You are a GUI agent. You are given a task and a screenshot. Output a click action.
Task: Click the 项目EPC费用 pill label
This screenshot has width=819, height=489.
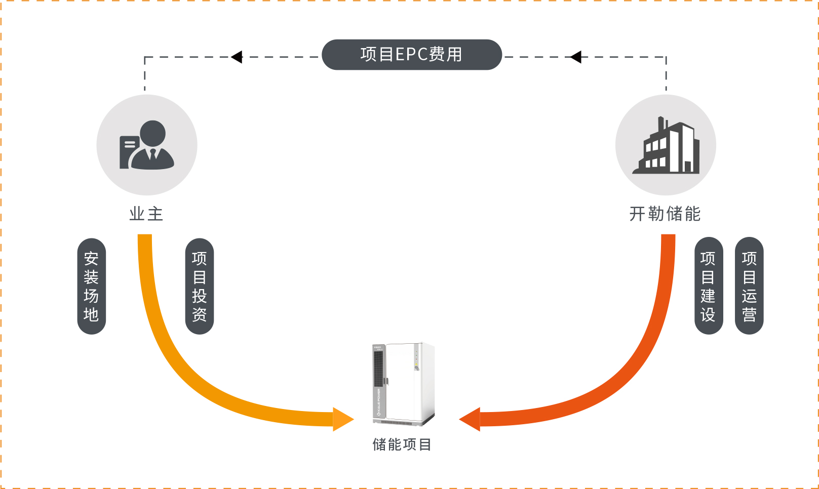(x=411, y=55)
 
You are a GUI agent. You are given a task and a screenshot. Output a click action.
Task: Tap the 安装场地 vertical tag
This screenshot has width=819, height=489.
(x=91, y=287)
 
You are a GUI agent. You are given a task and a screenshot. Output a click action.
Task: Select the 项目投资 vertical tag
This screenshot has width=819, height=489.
(x=200, y=287)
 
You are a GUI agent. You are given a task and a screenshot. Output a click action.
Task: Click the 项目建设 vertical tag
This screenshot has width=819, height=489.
(x=708, y=287)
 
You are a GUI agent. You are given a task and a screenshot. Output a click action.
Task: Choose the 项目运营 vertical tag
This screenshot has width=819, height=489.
(x=749, y=287)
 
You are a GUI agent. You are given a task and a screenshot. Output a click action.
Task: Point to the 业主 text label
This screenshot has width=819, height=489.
(x=146, y=214)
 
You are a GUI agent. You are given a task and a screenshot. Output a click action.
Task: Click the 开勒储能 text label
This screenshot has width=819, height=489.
(x=665, y=214)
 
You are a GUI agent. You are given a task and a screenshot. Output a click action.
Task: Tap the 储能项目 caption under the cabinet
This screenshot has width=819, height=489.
(x=402, y=444)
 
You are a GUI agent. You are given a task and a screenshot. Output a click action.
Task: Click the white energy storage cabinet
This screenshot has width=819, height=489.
(x=404, y=384)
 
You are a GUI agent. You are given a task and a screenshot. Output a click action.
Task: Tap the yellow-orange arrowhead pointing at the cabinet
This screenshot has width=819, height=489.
(x=342, y=419)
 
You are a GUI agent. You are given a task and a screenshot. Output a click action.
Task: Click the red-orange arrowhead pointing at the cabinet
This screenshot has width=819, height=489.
(x=470, y=419)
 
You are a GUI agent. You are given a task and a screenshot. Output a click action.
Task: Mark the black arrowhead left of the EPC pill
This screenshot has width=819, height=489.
(x=237, y=57)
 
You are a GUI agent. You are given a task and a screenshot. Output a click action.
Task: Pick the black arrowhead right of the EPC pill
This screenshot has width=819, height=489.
(x=575, y=57)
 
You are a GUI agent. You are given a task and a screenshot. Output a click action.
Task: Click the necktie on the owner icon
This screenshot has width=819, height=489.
(x=153, y=154)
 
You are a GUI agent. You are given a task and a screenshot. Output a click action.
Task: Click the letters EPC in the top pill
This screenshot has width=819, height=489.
(x=411, y=55)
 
